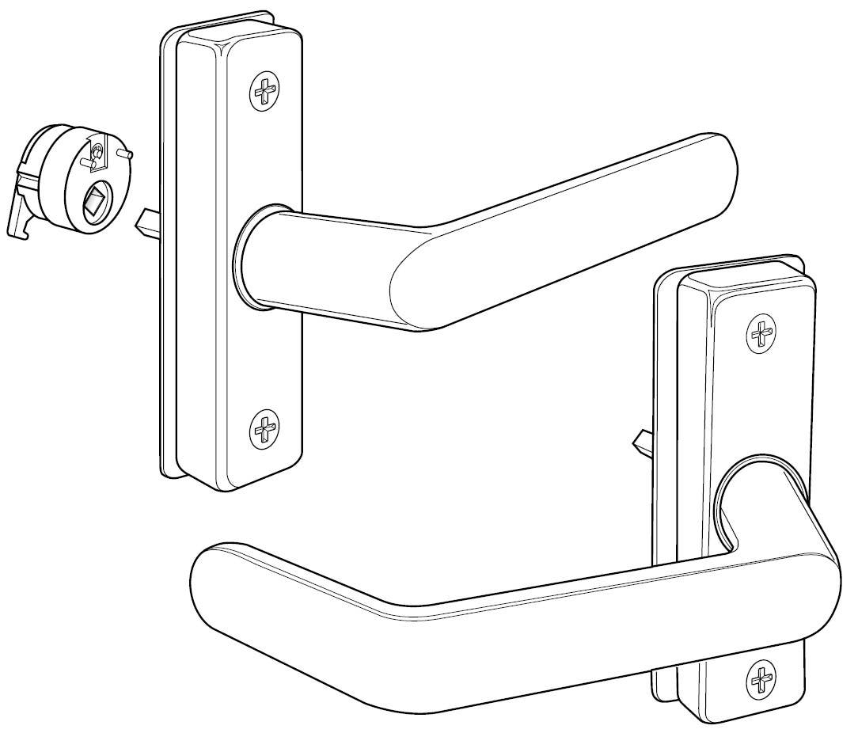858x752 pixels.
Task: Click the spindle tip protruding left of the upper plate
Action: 147,222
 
